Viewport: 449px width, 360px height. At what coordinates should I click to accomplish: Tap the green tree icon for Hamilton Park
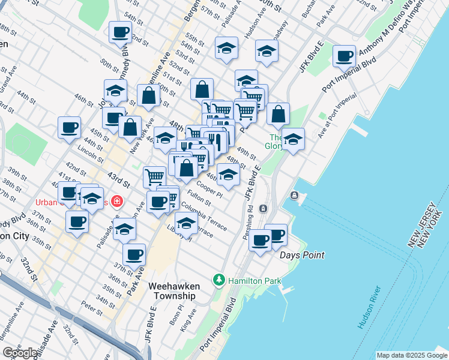pos(220,280)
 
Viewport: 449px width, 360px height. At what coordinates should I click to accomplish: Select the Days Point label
pos(302,255)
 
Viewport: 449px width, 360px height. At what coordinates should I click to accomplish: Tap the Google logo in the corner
pos(20,353)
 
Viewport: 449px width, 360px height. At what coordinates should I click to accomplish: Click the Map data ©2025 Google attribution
pos(411,355)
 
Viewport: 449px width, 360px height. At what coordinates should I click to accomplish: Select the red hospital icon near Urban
pos(116,202)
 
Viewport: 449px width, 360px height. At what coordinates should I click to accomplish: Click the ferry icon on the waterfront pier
pos(294,196)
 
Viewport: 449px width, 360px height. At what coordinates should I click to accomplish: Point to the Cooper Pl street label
pos(209,191)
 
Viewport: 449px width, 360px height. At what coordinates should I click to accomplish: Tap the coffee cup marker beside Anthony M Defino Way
pos(345,56)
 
